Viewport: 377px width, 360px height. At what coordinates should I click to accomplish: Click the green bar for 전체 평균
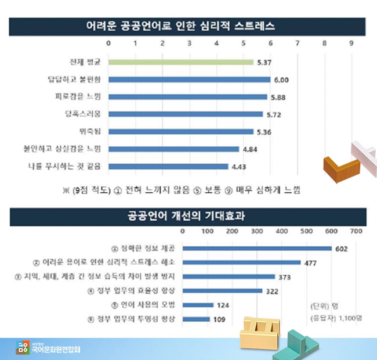tap(180, 62)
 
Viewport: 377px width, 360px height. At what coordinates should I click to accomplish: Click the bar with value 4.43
tap(168, 167)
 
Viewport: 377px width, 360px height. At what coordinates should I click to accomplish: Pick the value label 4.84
tap(251, 149)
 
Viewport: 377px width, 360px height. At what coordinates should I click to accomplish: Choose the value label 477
tap(310, 263)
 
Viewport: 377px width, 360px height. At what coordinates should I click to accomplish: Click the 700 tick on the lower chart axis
tap(356, 231)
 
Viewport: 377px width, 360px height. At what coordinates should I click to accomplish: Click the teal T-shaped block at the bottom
tap(302, 345)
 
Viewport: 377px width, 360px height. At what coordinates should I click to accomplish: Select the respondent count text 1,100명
tap(349, 319)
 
